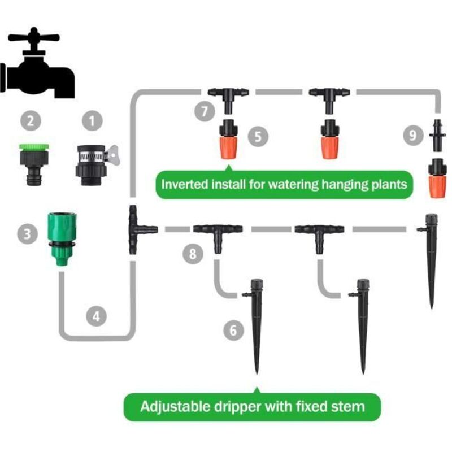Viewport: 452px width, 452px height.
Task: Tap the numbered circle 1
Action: [92, 121]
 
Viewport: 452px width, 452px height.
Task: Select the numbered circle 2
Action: [31, 120]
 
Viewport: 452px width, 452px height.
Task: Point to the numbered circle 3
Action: [27, 234]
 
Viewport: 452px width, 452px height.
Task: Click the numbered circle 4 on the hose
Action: [96, 316]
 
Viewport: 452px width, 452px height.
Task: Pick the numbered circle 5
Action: [258, 136]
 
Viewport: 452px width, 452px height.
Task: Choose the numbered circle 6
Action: [233, 330]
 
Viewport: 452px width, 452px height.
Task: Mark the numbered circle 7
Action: [205, 111]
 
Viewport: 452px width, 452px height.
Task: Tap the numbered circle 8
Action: [193, 254]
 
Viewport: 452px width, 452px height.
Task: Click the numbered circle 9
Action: [413, 135]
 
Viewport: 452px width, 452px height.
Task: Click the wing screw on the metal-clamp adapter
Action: [114, 155]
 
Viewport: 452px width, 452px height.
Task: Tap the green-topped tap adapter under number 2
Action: [34, 164]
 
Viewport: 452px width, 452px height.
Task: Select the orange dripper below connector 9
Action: [437, 178]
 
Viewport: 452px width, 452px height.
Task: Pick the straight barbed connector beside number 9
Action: [437, 135]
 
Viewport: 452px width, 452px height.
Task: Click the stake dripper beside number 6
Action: [255, 327]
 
